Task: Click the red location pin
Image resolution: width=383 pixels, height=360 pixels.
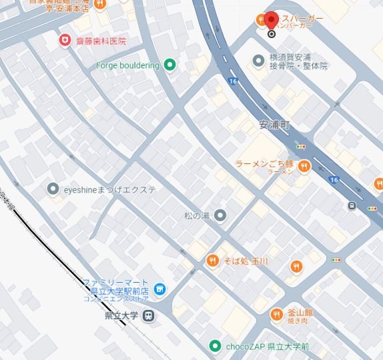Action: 271,21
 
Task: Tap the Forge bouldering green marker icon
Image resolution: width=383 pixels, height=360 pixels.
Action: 169,65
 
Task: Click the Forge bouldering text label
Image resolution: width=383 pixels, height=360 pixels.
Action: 127,65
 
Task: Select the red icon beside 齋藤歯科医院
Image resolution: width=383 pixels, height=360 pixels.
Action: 65,41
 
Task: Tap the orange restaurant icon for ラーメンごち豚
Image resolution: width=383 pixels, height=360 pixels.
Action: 304,166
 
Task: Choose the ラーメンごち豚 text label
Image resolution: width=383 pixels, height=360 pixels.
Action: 265,164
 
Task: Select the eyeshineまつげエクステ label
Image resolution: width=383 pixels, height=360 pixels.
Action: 110,189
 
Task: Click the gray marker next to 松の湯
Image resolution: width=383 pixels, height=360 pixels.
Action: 220,215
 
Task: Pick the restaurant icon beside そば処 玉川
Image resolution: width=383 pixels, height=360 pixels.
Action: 212,260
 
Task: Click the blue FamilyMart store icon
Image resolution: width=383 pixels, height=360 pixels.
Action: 159,289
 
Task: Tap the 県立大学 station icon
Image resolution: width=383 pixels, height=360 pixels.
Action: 149,315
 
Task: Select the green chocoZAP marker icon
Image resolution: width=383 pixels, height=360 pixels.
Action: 215,346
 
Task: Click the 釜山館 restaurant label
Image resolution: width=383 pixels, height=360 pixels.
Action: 301,311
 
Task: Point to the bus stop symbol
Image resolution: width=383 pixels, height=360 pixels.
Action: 351,206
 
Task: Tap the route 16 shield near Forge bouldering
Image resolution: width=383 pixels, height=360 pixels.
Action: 232,81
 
